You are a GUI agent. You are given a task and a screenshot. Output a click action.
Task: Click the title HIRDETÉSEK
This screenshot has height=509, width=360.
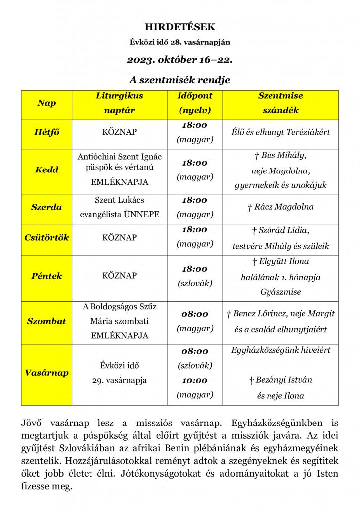click(x=180, y=27)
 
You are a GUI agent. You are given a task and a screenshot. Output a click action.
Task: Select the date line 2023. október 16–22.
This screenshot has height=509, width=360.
click(x=180, y=60)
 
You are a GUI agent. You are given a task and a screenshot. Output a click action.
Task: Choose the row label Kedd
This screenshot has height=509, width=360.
click(x=46, y=170)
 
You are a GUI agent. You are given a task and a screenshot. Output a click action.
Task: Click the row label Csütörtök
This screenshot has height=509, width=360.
click(x=46, y=237)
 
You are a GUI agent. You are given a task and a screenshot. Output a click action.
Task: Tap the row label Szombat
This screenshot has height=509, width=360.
click(x=46, y=321)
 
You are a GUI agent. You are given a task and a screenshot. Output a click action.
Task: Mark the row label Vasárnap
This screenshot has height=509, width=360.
click(x=46, y=373)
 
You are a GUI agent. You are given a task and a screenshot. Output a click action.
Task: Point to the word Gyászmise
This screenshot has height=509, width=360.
click(x=280, y=292)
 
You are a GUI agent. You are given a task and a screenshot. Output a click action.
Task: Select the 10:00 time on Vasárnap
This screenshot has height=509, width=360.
click(x=195, y=380)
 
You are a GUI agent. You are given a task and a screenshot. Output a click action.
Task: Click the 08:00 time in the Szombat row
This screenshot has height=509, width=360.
click(x=195, y=314)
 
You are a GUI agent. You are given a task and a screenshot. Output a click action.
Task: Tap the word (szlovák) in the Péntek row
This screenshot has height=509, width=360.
click(x=195, y=283)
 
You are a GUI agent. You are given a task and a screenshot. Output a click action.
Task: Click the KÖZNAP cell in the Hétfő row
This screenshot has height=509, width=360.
click(x=119, y=132)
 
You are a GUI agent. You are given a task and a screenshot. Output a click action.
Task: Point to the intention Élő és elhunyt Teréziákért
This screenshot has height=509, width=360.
click(x=280, y=132)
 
